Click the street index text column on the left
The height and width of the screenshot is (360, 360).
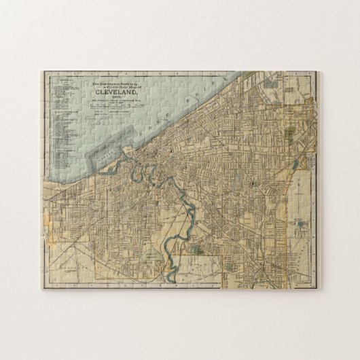point(62,122)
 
